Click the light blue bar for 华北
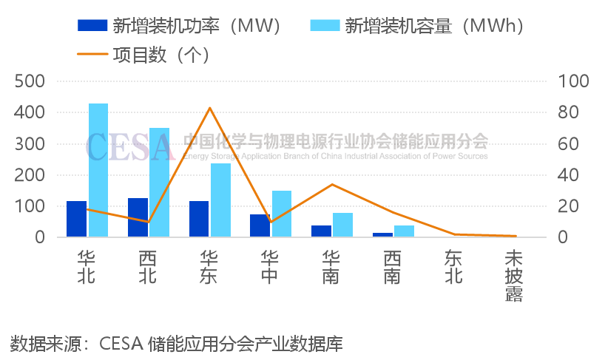(98, 170)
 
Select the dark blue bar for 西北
(138, 217)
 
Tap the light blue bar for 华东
(220, 200)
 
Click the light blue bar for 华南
(342, 225)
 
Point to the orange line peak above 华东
(210, 108)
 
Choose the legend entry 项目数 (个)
(143, 55)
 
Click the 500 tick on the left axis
(30, 81)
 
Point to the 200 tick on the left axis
(30, 175)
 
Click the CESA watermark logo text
(130, 146)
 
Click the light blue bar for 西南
(404, 231)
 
